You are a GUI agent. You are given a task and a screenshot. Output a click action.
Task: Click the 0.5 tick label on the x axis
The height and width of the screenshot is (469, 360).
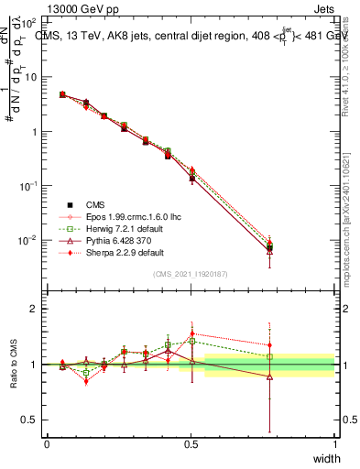[191, 444]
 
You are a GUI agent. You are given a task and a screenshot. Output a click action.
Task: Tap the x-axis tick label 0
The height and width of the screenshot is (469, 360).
[47, 444]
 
